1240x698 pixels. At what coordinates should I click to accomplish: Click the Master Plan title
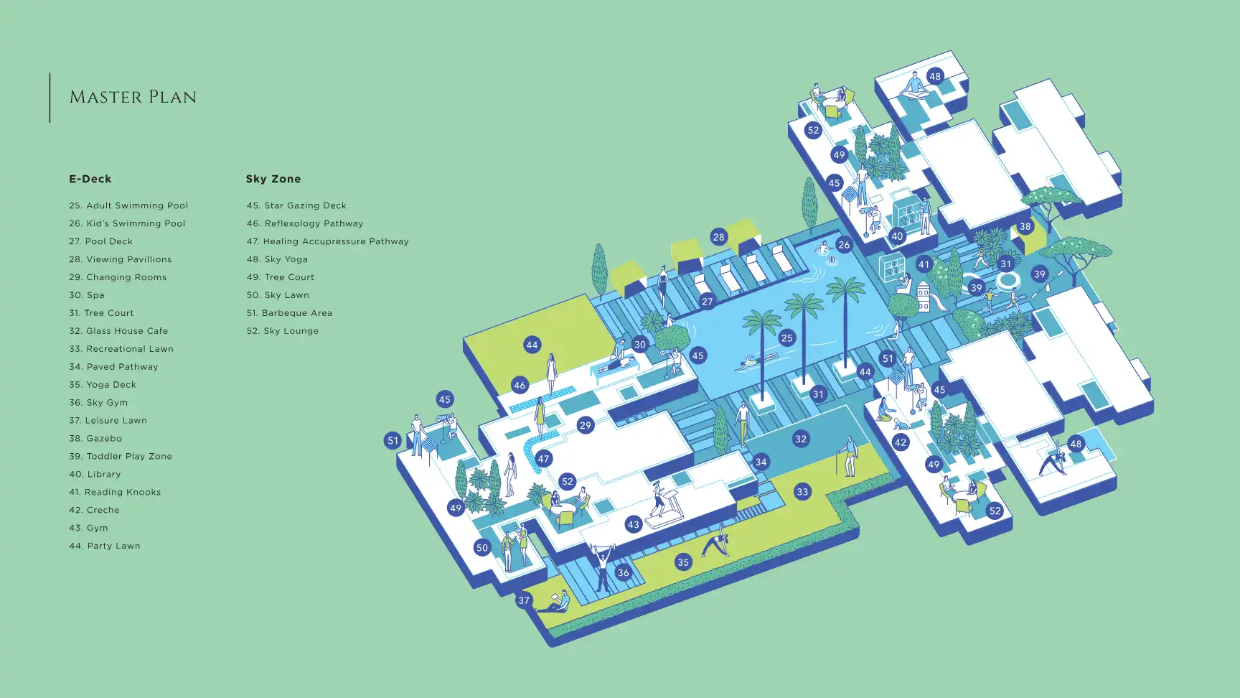click(x=133, y=97)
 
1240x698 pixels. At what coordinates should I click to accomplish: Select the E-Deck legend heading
click(x=90, y=179)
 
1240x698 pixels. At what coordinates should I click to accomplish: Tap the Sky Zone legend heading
click(x=273, y=179)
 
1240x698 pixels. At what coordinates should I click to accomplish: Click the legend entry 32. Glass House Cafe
click(x=118, y=331)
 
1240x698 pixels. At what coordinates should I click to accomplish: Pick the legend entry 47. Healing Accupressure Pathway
click(x=328, y=241)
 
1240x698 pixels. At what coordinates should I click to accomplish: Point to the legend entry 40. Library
click(x=95, y=474)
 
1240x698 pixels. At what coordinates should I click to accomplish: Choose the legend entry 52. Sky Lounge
click(x=283, y=331)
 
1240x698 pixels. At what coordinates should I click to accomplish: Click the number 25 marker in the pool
click(x=787, y=338)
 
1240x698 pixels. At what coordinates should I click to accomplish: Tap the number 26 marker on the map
click(x=844, y=245)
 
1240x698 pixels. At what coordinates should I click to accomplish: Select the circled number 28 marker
click(x=718, y=237)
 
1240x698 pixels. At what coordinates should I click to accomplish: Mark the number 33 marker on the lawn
click(x=802, y=492)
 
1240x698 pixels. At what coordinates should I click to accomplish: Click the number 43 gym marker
click(x=633, y=525)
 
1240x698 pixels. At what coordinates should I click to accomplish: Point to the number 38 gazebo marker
click(x=1025, y=226)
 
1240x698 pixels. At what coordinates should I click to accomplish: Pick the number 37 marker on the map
click(x=524, y=600)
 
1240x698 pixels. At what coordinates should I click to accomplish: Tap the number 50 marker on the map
click(x=482, y=548)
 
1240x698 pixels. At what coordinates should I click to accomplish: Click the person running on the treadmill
click(x=658, y=498)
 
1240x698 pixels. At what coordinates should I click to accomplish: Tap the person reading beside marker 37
click(x=557, y=602)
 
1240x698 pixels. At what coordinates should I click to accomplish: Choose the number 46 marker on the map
click(x=520, y=385)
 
